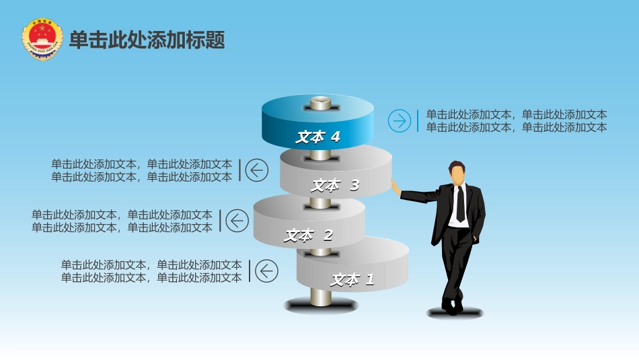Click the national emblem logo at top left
tap(42, 40)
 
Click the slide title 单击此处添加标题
tap(147, 40)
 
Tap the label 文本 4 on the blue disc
tap(317, 137)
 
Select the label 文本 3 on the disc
tap(335, 185)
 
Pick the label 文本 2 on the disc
tap(308, 236)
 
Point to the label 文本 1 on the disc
tap(352, 279)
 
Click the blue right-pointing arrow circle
tap(400, 121)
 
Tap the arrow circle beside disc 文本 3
tap(256, 170)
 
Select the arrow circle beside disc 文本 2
tap(237, 221)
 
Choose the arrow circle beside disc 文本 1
tap(266, 271)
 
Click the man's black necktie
tap(460, 203)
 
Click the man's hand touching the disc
tap(395, 186)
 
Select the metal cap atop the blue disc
tap(320, 103)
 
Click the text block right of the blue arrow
tap(516, 121)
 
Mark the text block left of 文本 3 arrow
tap(141, 170)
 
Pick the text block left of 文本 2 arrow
tap(122, 221)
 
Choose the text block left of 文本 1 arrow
tap(151, 271)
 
